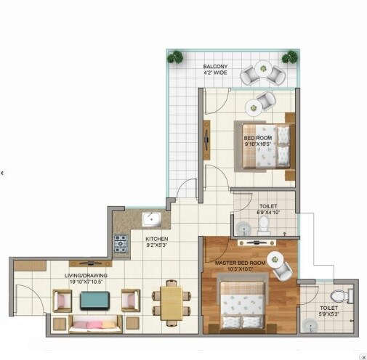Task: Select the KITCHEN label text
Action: point(157,239)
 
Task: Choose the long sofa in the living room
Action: point(95,322)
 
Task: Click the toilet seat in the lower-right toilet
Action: point(338,296)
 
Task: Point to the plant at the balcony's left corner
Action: point(175,56)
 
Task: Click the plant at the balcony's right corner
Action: point(290,56)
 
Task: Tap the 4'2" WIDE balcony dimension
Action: point(217,73)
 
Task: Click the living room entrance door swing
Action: point(25,298)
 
